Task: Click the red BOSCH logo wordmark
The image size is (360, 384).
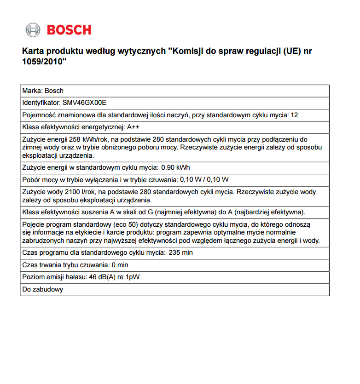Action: point(69,30)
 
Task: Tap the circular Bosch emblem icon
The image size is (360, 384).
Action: point(33,30)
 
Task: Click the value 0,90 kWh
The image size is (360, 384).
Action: point(175,167)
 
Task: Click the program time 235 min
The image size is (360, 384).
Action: point(181,252)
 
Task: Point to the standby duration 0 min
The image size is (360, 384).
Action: point(119,265)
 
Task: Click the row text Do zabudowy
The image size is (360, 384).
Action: point(43,289)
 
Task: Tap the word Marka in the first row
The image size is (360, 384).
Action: point(32,91)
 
